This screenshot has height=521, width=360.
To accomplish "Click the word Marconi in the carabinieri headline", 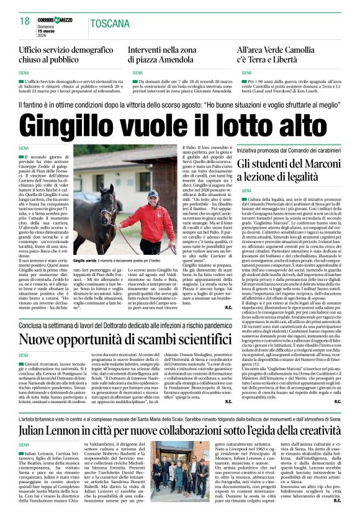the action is [323, 163].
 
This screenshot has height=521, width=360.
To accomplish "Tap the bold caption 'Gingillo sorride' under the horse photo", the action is [87, 261].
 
